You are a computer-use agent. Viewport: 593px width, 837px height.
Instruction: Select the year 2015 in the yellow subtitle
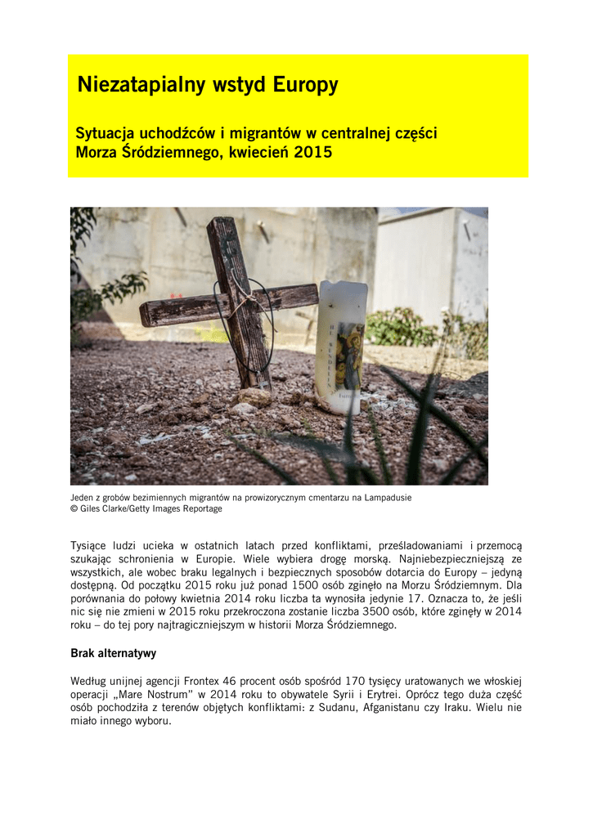coord(312,152)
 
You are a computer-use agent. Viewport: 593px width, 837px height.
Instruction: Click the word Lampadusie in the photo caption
coord(385,497)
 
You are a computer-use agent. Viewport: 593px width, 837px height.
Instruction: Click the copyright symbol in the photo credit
coord(74,508)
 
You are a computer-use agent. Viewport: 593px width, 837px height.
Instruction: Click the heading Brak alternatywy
coord(114,654)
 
